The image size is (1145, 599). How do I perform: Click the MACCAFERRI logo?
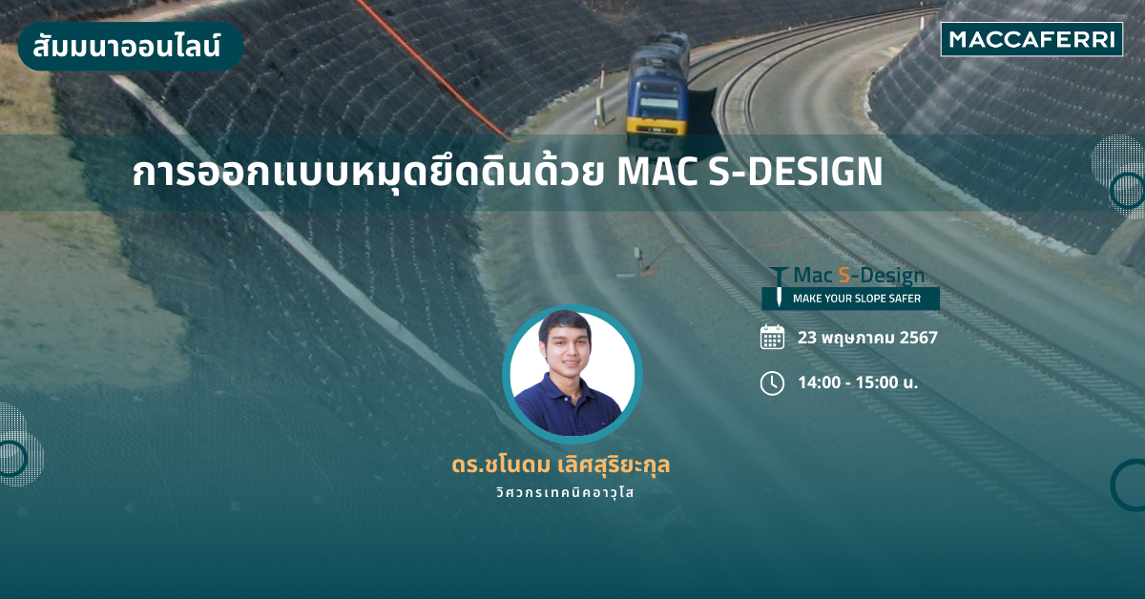point(1031,39)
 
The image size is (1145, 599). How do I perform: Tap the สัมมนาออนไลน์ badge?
point(131,46)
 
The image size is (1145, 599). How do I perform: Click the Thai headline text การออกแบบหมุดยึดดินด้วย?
point(368,172)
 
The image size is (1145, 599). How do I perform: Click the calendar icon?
point(772,337)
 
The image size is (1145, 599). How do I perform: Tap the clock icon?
point(772,382)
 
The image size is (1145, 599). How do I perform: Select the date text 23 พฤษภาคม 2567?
point(867,338)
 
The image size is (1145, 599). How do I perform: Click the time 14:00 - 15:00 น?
point(858,382)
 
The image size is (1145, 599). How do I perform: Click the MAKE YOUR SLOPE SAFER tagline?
point(857,299)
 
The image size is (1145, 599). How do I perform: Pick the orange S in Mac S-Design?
point(843,276)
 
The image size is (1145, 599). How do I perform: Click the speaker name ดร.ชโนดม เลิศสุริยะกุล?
point(561,465)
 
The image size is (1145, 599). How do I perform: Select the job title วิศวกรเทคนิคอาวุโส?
point(565,492)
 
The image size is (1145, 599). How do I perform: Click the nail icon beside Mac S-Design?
point(779,286)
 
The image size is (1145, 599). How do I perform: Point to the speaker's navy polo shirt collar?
point(568,387)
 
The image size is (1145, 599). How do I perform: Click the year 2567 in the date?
point(919,338)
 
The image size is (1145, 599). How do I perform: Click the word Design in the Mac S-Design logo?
point(892,277)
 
